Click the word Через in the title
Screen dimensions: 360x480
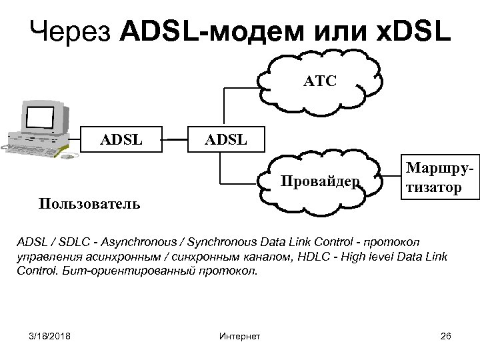point(72,31)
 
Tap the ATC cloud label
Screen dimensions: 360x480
point(320,81)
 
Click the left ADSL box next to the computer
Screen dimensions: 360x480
point(121,140)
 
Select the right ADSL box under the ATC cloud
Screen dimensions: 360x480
point(226,140)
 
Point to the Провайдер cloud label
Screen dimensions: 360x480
point(321,181)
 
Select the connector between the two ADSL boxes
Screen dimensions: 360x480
point(175,140)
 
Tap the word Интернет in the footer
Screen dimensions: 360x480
point(239,335)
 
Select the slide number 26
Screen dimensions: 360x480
point(446,335)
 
